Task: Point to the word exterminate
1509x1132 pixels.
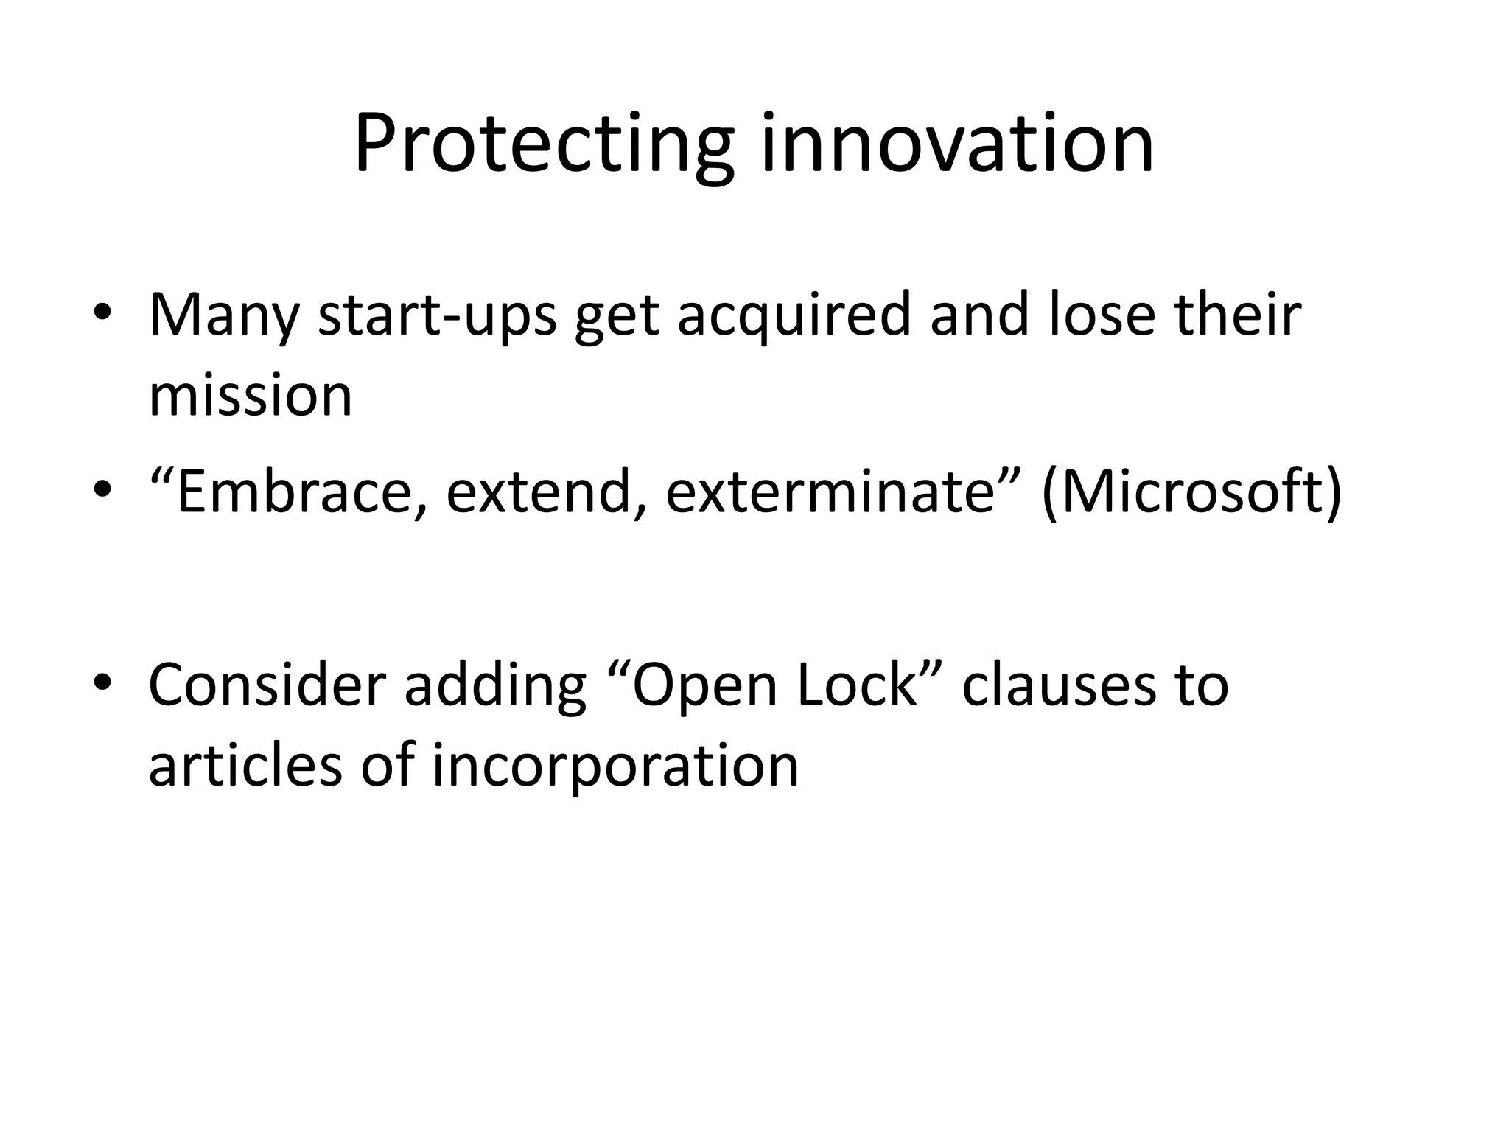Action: (x=830, y=492)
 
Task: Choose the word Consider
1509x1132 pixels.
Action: (x=267, y=685)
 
